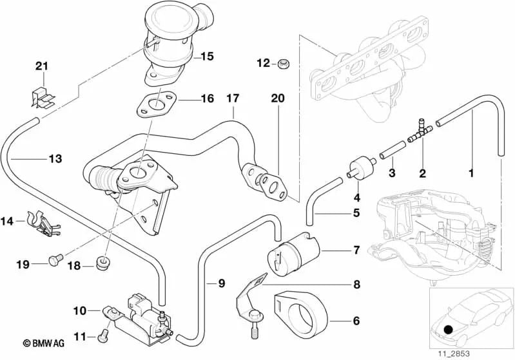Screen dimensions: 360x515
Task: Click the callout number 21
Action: [x=41, y=67]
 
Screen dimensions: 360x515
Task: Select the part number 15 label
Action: [x=206, y=56]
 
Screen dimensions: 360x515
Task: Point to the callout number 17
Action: [x=232, y=99]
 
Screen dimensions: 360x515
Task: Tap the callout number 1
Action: [x=471, y=173]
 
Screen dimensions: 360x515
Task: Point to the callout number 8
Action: [x=356, y=284]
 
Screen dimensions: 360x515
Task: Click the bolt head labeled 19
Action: [x=53, y=260]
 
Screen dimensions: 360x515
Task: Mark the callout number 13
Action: [x=55, y=158]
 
